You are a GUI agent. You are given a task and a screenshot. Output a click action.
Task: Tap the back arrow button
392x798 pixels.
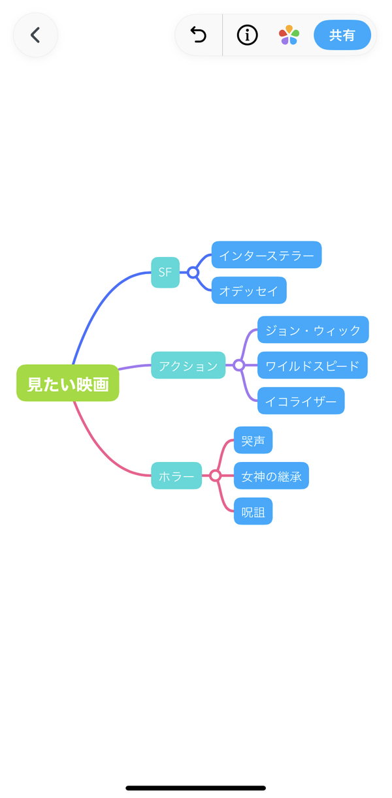click(x=35, y=35)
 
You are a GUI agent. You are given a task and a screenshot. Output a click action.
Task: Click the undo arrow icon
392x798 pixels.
click(x=199, y=35)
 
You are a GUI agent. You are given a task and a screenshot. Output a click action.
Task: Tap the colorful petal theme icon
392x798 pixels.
click(x=289, y=35)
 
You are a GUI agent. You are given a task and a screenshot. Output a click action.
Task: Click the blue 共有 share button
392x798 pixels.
click(x=342, y=35)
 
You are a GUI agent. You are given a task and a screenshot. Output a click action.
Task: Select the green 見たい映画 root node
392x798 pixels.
click(x=68, y=383)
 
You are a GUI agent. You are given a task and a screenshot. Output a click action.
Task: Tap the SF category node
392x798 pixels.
click(x=165, y=273)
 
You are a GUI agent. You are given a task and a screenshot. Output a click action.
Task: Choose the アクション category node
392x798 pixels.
click(x=188, y=365)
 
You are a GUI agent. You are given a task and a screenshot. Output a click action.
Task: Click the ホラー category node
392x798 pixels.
click(x=176, y=476)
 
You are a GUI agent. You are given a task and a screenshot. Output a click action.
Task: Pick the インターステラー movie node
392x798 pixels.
click(x=267, y=254)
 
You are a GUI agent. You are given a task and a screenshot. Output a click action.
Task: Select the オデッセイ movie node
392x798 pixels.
click(x=249, y=290)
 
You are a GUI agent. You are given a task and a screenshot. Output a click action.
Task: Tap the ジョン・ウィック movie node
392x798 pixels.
click(x=313, y=330)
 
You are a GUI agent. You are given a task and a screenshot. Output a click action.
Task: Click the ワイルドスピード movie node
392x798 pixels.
click(x=312, y=365)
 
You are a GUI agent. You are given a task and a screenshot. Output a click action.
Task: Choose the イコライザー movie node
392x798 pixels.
click(x=301, y=401)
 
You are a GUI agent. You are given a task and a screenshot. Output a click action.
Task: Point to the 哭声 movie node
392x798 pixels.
click(x=253, y=440)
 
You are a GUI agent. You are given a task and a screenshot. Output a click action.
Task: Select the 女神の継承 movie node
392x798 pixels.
click(x=271, y=476)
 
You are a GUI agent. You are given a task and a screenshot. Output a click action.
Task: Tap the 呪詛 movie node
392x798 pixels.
click(x=253, y=511)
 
